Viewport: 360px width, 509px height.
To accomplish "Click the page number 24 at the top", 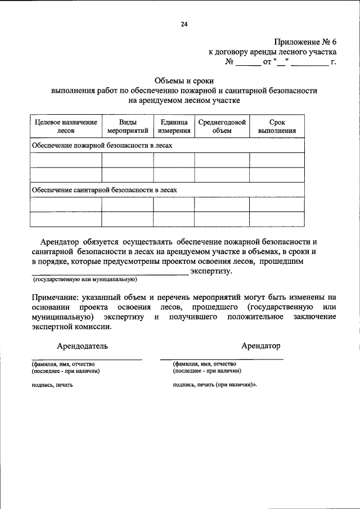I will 184,24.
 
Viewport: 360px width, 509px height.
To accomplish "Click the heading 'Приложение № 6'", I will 305,42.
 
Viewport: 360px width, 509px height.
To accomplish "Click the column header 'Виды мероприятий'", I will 128,127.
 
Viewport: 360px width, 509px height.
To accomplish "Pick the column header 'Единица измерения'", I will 174,127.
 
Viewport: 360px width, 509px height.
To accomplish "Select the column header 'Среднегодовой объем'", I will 222,127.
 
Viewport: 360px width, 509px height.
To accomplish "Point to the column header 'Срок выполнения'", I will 277,127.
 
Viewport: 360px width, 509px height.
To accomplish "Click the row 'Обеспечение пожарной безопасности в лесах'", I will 102,145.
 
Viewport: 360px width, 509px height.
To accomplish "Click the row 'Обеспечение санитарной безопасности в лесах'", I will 105,190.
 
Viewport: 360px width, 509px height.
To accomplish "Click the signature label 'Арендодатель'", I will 82,345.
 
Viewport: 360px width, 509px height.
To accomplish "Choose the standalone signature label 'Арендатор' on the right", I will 260,345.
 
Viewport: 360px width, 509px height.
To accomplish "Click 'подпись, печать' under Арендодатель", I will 52,385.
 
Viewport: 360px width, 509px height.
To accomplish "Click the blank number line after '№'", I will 247,62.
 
